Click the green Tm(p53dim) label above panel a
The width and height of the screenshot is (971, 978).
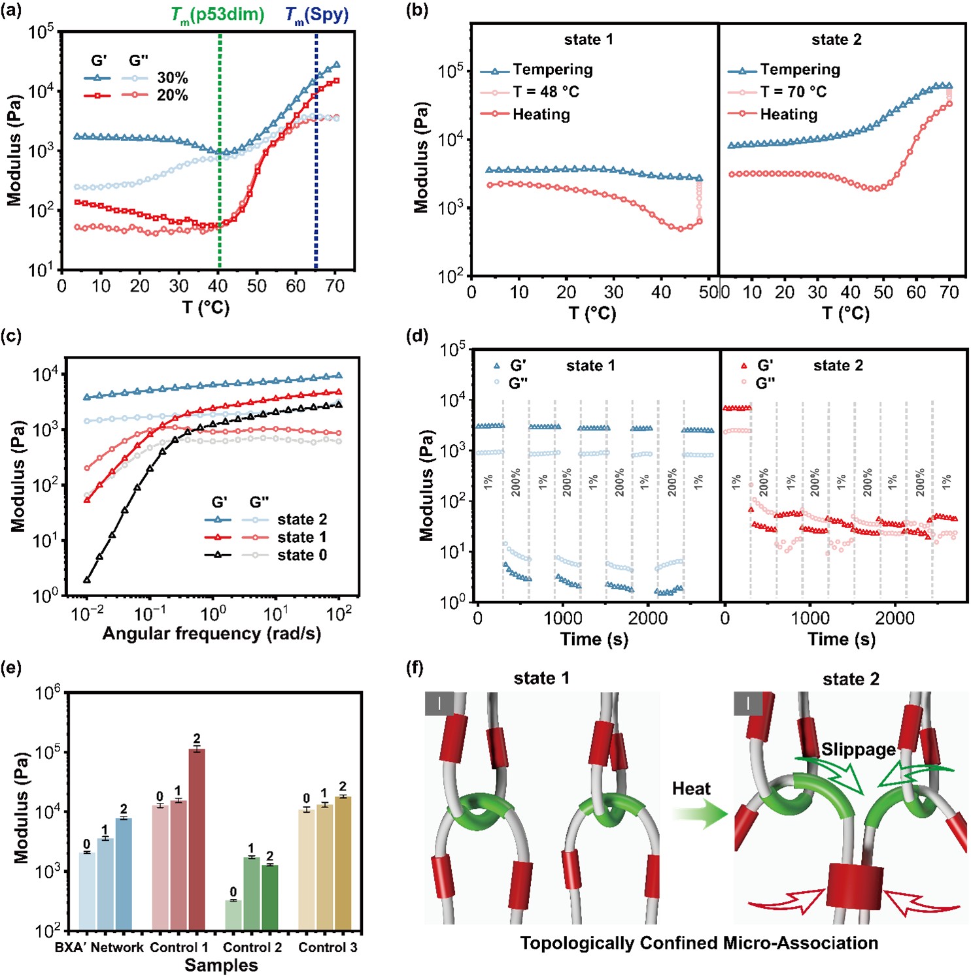pos(218,15)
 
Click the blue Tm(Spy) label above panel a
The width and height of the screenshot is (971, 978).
pos(317,15)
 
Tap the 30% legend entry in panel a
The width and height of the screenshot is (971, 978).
pos(173,78)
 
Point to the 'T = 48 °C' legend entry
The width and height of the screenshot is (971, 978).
pos(545,92)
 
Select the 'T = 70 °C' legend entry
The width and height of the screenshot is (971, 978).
pos(792,92)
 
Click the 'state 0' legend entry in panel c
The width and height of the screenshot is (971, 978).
pos(301,555)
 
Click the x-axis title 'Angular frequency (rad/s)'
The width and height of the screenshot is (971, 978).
pos(212,634)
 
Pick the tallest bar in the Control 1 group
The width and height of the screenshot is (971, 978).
pos(197,839)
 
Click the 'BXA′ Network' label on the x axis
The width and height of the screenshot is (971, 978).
pos(99,947)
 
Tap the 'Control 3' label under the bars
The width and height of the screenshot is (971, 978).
pos(328,947)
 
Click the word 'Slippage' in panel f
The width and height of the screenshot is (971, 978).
pos(858,749)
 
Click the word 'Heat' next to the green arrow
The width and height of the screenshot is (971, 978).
pos(691,789)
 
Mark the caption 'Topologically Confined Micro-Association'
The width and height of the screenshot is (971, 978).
pos(699,943)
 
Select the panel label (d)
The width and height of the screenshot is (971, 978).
pos(417,336)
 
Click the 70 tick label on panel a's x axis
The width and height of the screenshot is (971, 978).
pos(335,286)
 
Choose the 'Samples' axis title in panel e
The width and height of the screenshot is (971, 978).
pos(221,966)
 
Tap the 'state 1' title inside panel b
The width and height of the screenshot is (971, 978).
pos(588,40)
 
